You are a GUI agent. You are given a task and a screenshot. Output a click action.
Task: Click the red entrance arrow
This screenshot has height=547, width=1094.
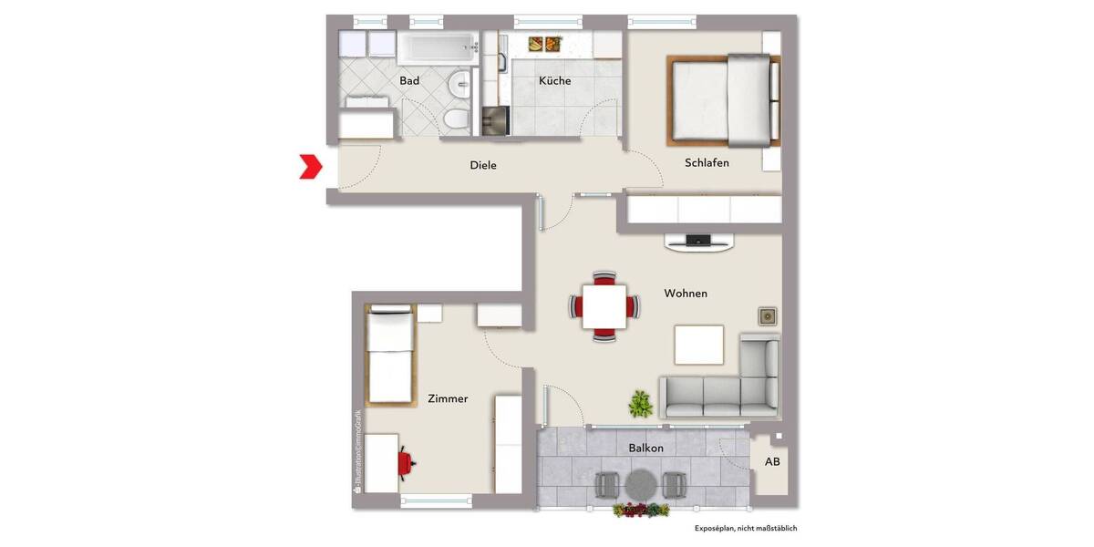311,166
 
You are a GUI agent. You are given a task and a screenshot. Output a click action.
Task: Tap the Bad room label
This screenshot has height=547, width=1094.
409,81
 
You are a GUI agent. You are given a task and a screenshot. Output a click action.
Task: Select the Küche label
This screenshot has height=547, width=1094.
554,81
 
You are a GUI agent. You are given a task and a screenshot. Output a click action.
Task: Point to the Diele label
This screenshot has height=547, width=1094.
483,166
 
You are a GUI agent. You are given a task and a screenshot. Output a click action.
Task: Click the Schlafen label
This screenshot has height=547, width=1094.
707,163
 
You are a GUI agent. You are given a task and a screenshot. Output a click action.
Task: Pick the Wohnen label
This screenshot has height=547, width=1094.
686,294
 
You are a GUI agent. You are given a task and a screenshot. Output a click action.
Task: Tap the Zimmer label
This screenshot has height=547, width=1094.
448,398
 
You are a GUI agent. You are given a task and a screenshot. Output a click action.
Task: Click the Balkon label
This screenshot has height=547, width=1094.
645,449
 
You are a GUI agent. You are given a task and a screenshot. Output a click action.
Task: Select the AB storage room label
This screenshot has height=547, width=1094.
772,462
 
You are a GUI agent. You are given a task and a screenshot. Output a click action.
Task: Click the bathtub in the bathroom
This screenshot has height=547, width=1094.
437,48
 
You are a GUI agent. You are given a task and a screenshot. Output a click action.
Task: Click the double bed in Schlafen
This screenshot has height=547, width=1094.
725,100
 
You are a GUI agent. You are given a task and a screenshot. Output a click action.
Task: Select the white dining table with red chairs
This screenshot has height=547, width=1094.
604,305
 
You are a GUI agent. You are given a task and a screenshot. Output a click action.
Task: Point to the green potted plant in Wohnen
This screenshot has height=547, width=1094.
641,402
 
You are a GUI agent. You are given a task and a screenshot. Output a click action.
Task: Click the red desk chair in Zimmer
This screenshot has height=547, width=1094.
406,463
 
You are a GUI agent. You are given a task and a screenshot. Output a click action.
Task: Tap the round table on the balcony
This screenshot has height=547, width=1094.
642,483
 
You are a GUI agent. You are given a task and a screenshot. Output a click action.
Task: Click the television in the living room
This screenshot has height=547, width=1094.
698,242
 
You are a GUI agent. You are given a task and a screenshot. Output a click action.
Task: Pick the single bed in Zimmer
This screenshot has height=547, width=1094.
390,356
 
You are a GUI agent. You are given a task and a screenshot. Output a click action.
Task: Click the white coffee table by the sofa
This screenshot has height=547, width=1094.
698,345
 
